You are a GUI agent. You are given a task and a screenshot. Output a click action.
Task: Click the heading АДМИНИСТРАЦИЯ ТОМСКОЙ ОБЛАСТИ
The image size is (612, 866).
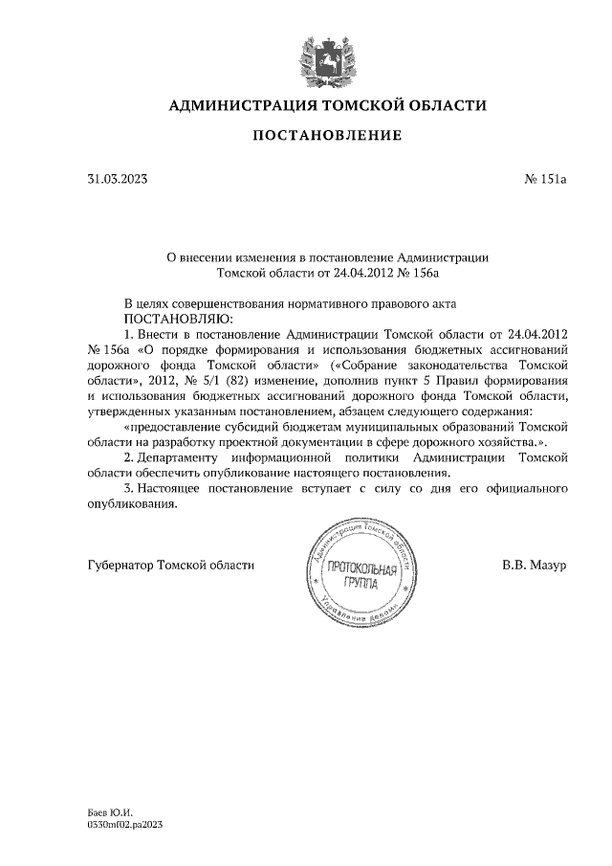tap(327, 104)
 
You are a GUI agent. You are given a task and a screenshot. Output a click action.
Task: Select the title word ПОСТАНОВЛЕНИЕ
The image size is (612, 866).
tap(327, 136)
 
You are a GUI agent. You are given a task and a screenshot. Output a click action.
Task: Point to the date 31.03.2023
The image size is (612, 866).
tap(118, 179)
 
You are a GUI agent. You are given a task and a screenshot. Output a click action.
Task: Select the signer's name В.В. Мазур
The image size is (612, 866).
tap(535, 565)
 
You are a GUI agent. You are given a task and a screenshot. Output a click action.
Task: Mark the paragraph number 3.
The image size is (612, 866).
tap(129, 488)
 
